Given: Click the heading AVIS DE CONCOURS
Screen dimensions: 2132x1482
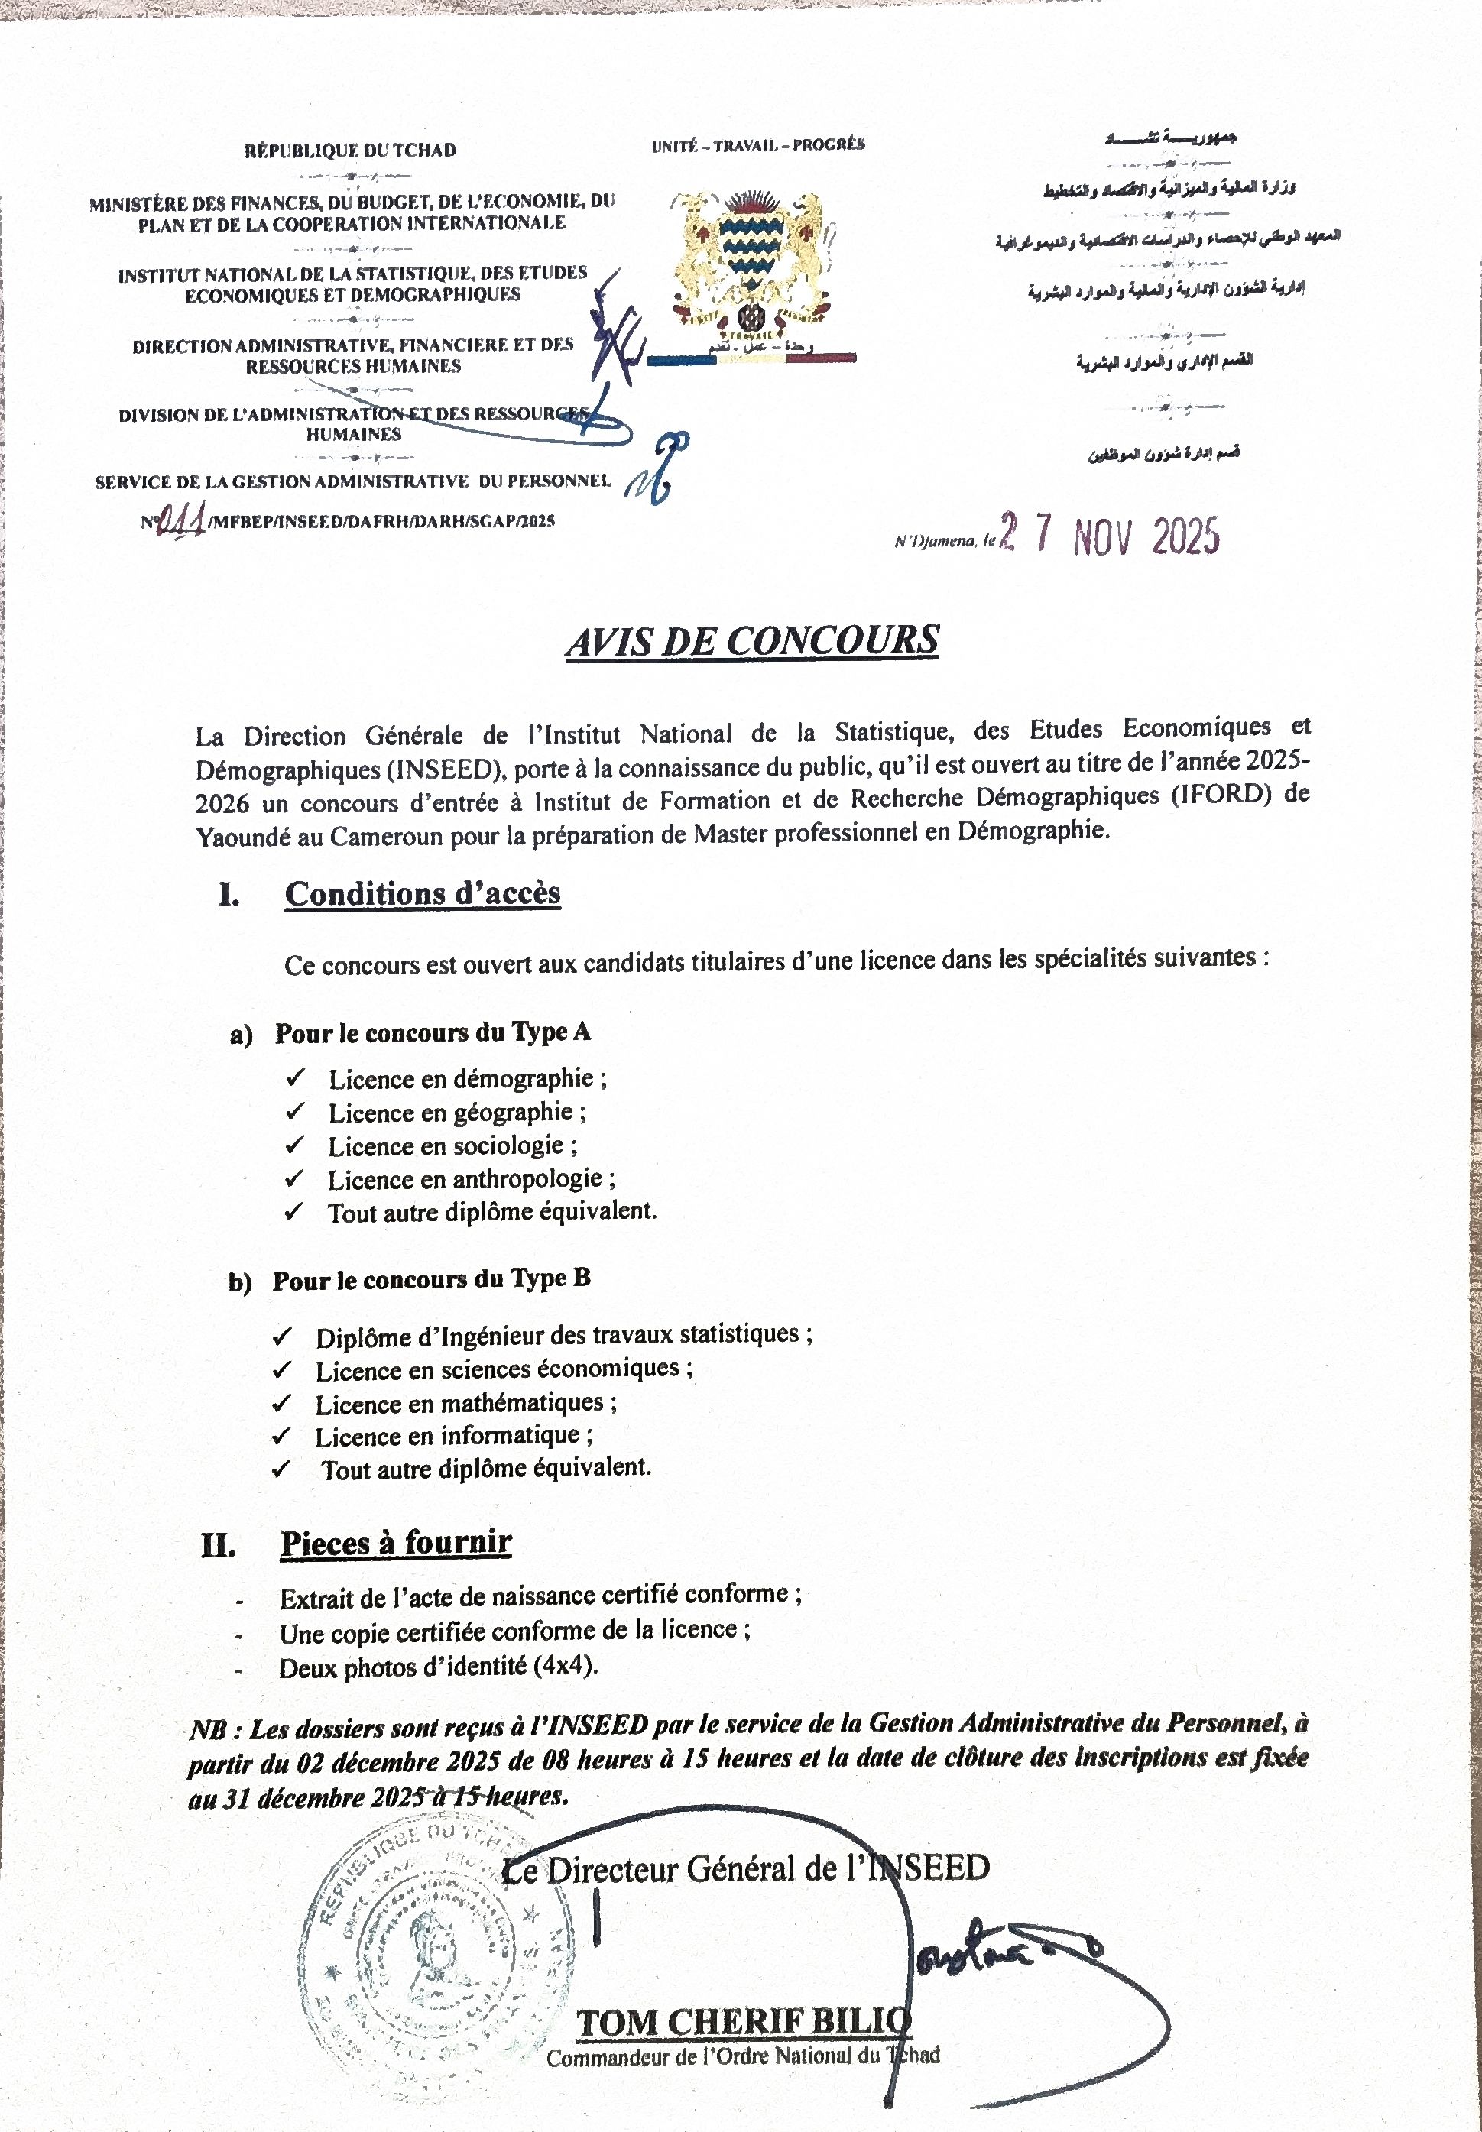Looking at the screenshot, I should (x=752, y=641).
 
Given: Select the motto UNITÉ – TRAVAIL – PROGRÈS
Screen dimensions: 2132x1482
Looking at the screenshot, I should (x=757, y=144).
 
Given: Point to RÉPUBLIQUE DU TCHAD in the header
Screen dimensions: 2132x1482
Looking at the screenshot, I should (x=350, y=151).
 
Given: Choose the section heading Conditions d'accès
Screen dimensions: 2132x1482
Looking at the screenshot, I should (x=423, y=893).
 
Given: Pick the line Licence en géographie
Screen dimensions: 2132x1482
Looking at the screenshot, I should (x=457, y=1112).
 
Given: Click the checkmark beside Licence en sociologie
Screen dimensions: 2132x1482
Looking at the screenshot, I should (x=295, y=1146).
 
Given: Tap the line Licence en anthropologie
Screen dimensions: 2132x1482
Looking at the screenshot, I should (x=472, y=1180).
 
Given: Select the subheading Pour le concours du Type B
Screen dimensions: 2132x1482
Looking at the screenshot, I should (x=431, y=1280).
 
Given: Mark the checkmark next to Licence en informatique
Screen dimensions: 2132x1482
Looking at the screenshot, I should (x=281, y=1437).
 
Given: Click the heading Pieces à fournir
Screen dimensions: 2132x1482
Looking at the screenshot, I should (x=396, y=1541).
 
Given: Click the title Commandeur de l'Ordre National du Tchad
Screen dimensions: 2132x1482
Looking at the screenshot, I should (x=743, y=2056).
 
